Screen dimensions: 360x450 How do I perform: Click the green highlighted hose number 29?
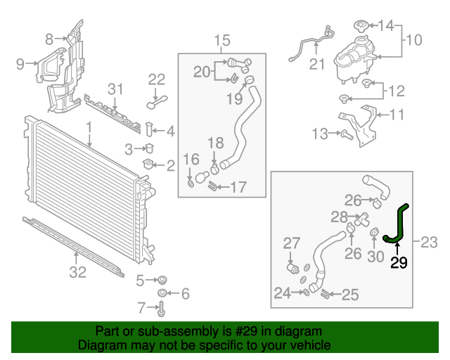(x=399, y=224)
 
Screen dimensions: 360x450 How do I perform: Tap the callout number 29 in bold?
(x=399, y=263)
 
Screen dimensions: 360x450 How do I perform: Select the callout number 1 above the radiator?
(x=89, y=127)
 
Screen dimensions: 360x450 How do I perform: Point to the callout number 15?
(x=222, y=40)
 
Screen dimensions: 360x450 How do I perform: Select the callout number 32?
(x=77, y=271)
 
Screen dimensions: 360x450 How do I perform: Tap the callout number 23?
(x=429, y=243)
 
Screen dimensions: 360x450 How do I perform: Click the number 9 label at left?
(x=20, y=65)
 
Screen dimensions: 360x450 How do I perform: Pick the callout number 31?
(x=115, y=89)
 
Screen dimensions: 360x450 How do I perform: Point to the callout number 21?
(x=318, y=65)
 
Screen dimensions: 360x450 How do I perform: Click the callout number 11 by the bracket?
(x=397, y=113)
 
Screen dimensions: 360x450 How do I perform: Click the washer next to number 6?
(x=162, y=292)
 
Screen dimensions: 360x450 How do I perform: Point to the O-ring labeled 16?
(x=191, y=184)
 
